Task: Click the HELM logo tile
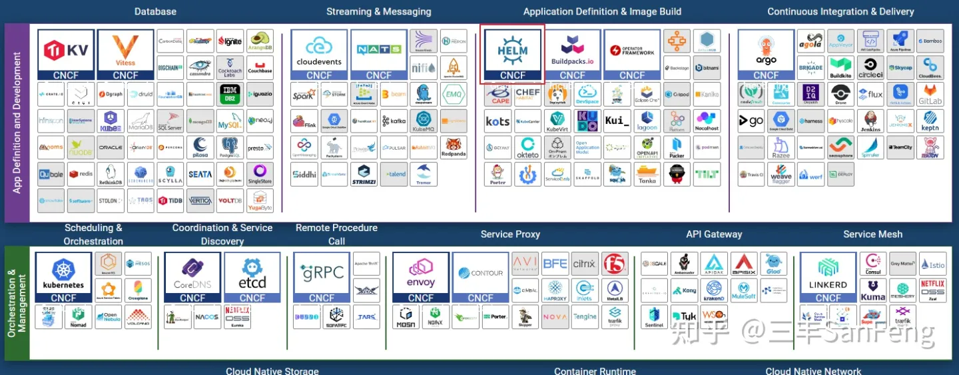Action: (x=512, y=54)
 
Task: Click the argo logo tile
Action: (x=766, y=54)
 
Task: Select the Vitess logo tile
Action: (x=125, y=54)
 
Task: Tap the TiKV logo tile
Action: (x=65, y=54)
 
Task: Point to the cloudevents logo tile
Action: (x=319, y=54)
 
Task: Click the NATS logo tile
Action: (x=379, y=54)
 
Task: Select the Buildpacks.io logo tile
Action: (x=572, y=54)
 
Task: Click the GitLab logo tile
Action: (x=930, y=94)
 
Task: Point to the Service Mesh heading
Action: (x=872, y=234)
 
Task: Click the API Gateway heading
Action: (x=714, y=234)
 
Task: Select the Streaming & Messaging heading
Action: (x=378, y=11)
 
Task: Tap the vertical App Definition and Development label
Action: (x=17, y=123)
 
